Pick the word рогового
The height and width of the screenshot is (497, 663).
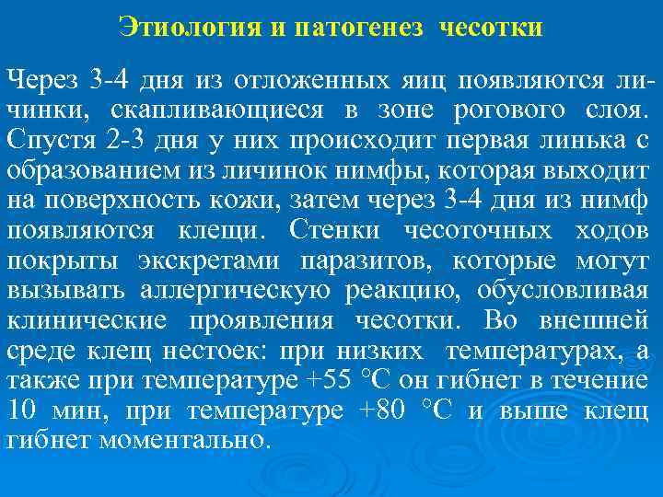[x=500, y=110]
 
